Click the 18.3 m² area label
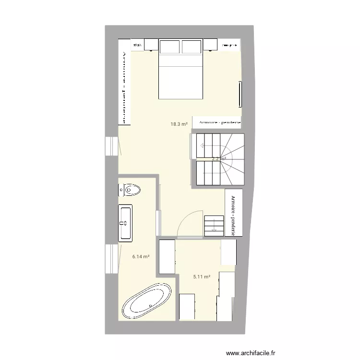tap(179, 124)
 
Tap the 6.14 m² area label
tap(141, 257)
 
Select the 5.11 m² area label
tap(202, 276)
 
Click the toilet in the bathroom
tap(130, 191)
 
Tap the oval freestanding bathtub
tap(147, 301)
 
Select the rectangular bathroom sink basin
tap(126, 222)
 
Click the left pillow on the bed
tap(170, 47)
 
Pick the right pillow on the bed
tap(191, 47)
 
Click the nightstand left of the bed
tap(151, 45)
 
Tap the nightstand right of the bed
tap(212, 45)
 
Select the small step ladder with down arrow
tap(214, 226)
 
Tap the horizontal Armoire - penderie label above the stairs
tap(216, 123)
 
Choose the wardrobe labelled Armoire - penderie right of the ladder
tap(233, 212)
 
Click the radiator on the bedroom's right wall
tap(239, 95)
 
